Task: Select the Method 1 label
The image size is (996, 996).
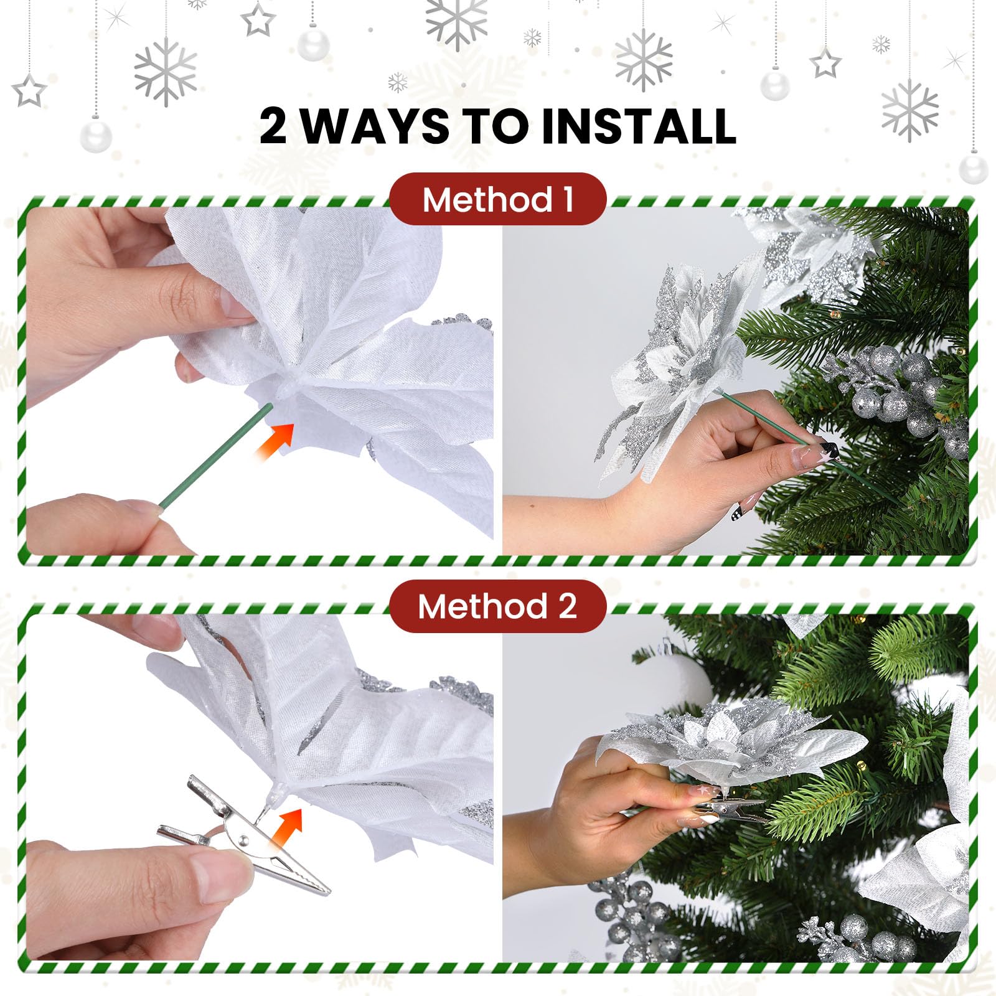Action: [497, 200]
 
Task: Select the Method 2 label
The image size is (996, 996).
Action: [497, 606]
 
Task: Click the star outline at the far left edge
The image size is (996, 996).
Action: [29, 91]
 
